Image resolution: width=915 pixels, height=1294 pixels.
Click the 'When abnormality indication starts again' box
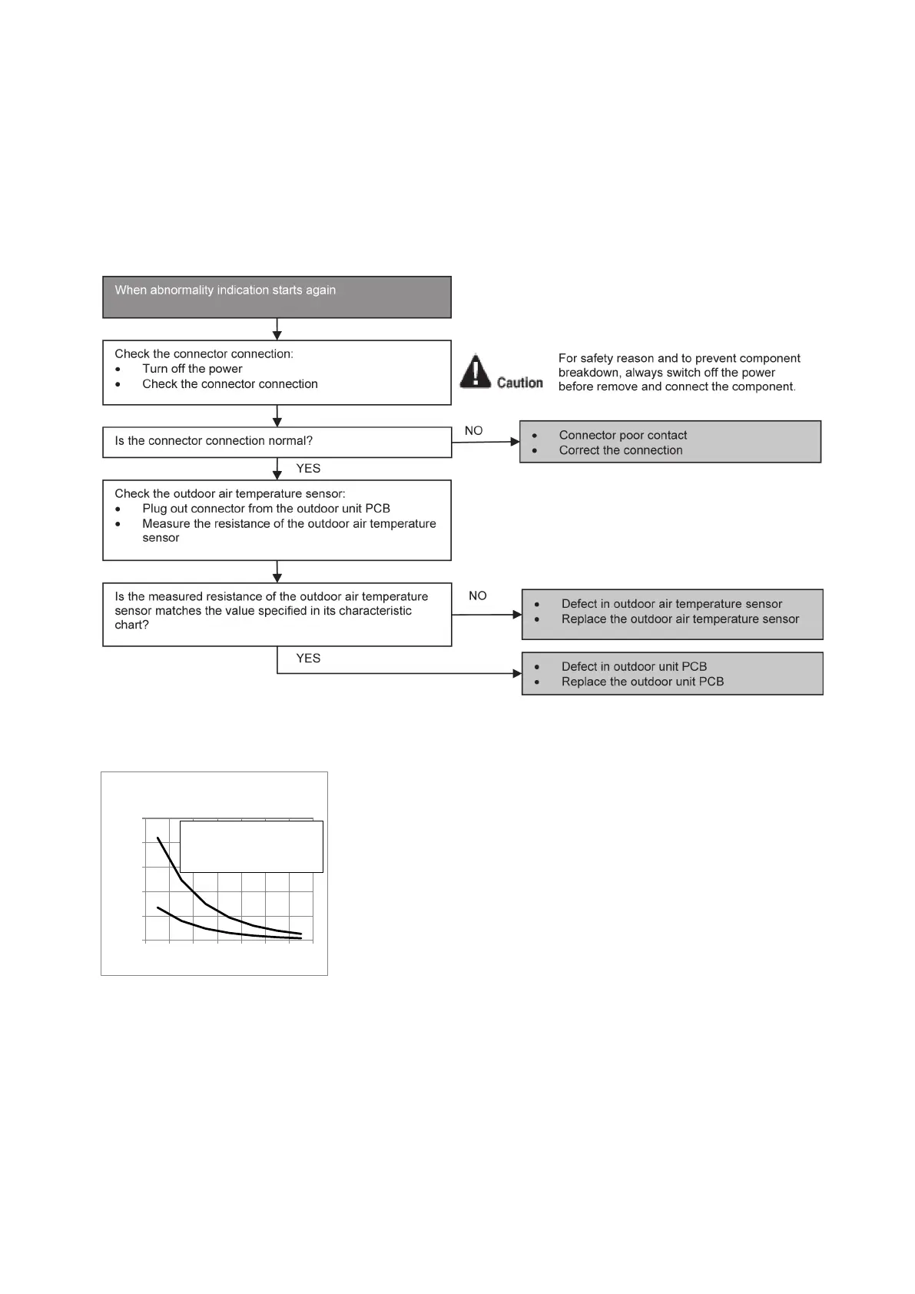click(x=277, y=297)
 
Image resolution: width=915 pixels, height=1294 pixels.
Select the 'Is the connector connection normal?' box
click(x=277, y=442)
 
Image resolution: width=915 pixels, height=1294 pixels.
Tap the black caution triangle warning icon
click(x=476, y=371)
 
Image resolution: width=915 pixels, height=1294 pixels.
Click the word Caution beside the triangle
click(x=520, y=383)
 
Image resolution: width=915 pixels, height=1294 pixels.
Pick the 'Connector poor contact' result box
click(x=670, y=442)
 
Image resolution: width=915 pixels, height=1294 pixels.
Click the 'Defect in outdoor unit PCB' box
click(x=672, y=674)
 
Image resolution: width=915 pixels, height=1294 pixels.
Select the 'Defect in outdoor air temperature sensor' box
click(x=672, y=614)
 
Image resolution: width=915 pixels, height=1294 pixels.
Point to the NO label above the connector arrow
click(x=474, y=431)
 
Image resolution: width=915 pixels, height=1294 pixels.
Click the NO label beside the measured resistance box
click(x=478, y=596)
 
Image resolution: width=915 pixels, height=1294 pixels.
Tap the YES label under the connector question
click(x=308, y=469)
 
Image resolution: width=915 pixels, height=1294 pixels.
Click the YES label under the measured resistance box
click(x=308, y=659)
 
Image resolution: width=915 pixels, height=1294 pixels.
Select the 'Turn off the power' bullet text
click(x=192, y=369)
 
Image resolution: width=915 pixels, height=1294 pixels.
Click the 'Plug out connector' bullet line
click(x=266, y=509)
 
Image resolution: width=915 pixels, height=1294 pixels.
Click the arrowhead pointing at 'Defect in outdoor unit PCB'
click(x=517, y=674)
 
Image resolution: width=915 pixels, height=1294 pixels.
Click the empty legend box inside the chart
click(x=251, y=847)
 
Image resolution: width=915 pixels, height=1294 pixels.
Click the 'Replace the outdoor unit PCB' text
click(x=642, y=682)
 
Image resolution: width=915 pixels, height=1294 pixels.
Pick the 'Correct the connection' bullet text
click(x=621, y=450)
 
